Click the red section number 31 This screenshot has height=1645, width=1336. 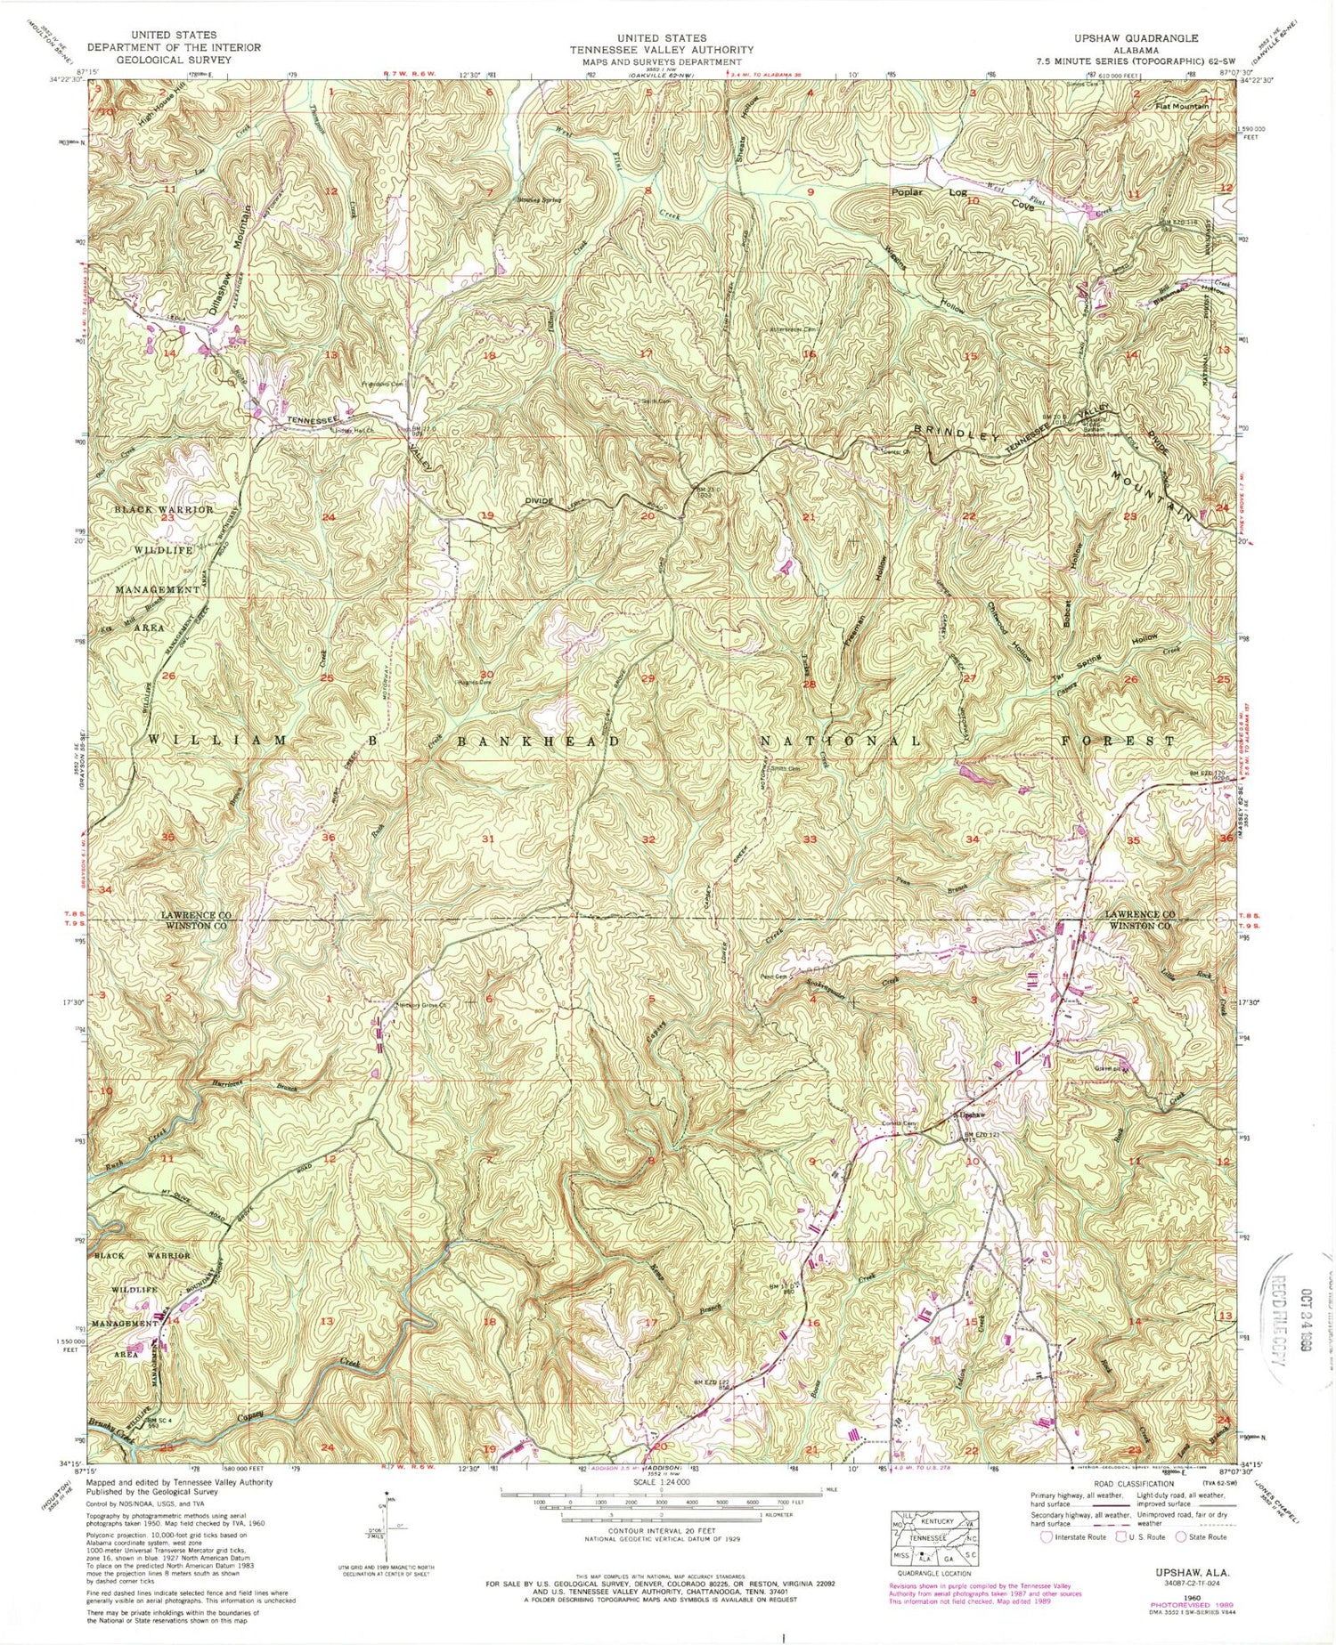tap(487, 839)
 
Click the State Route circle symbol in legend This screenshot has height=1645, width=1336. tap(1181, 1536)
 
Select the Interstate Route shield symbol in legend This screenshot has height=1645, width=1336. tap(1044, 1536)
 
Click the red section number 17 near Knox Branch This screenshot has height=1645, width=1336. tap(651, 1323)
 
